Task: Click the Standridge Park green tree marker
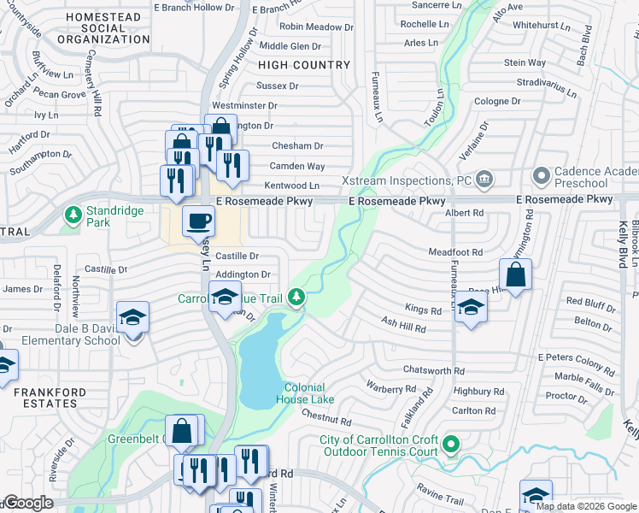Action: tap(73, 214)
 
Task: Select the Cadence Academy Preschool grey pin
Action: tap(540, 177)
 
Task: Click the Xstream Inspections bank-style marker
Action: tap(484, 179)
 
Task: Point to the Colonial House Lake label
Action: tap(304, 392)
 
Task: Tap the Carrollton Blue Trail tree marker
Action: tap(296, 297)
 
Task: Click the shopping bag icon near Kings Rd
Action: tap(515, 275)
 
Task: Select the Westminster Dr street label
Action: tap(244, 105)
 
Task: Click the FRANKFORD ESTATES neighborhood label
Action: tap(45, 398)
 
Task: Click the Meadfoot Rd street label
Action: tap(455, 252)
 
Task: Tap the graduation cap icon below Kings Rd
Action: tap(470, 308)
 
